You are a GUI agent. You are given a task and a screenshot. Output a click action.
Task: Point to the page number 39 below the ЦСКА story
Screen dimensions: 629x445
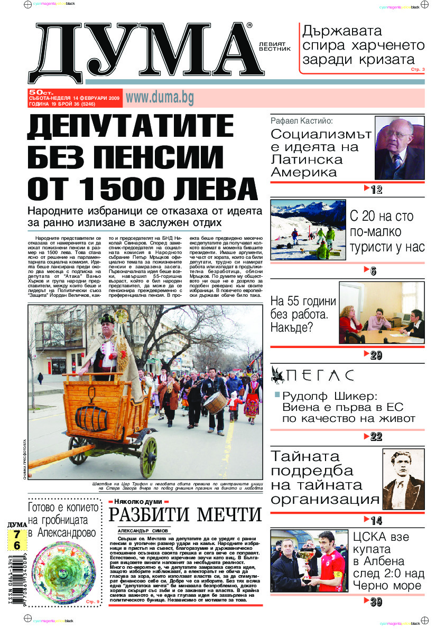pyautogui.click(x=376, y=602)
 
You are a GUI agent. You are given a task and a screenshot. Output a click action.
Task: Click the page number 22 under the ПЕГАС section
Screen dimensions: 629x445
pyautogui.click(x=376, y=437)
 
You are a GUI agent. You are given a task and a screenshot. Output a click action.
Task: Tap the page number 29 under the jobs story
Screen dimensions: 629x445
pyautogui.click(x=376, y=355)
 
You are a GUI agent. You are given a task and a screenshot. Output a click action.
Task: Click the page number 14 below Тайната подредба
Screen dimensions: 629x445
pyautogui.click(x=376, y=520)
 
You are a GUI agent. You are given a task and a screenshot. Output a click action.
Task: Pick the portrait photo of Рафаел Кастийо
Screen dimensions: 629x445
pyautogui.click(x=399, y=148)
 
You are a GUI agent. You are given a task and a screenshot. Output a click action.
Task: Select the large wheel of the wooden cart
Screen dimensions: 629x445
pyautogui.click(x=149, y=457)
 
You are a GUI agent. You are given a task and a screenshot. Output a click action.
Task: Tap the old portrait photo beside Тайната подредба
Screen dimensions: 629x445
pyautogui.click(x=403, y=480)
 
